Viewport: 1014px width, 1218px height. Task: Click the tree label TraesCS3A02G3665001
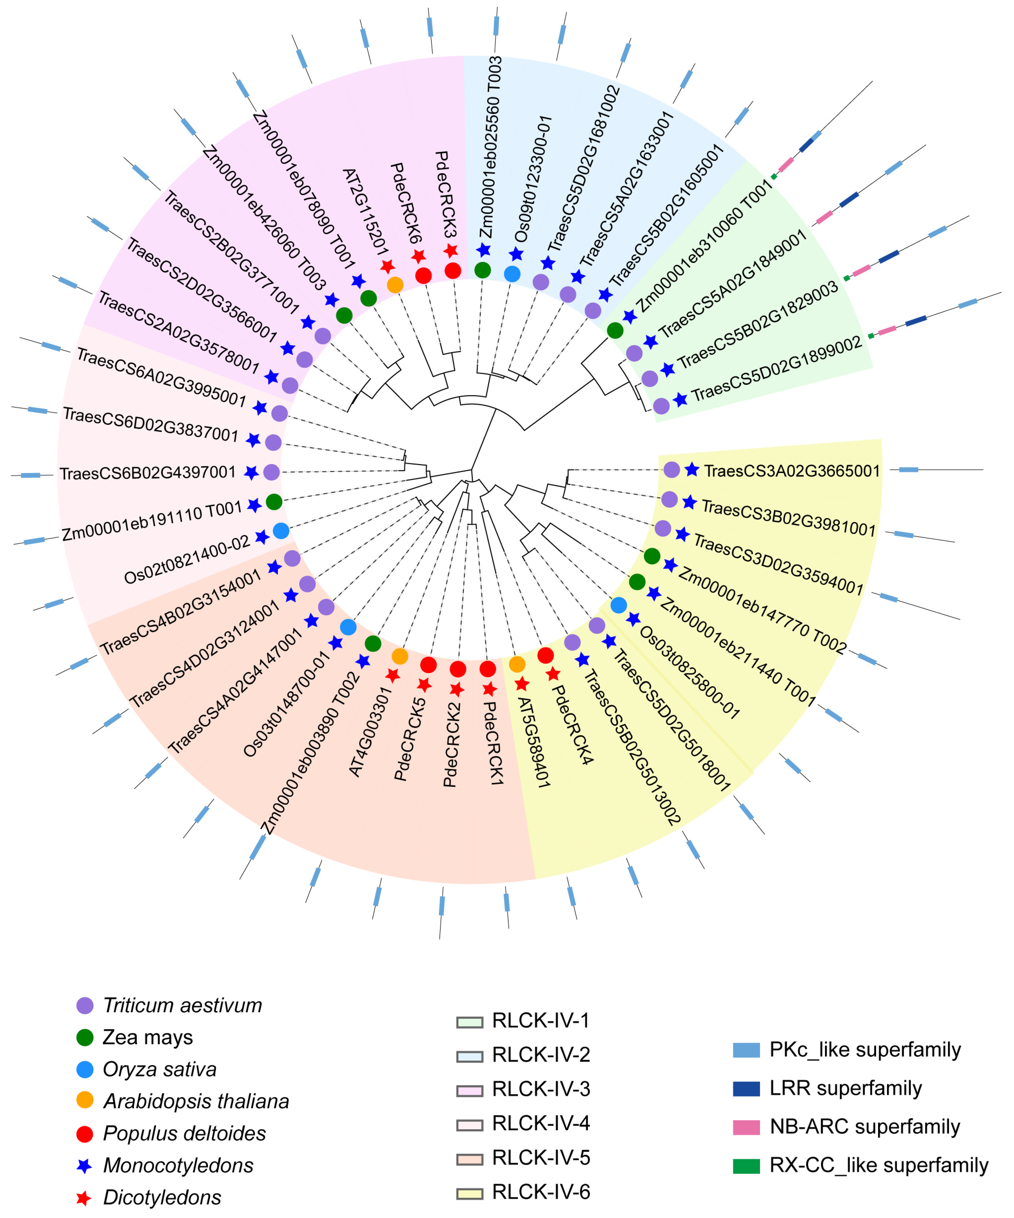point(792,471)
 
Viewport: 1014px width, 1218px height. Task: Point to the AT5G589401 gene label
point(533,742)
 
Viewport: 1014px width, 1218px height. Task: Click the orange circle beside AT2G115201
point(395,285)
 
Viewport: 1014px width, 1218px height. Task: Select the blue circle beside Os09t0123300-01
point(512,274)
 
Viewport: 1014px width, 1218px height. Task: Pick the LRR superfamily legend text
point(845,1089)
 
